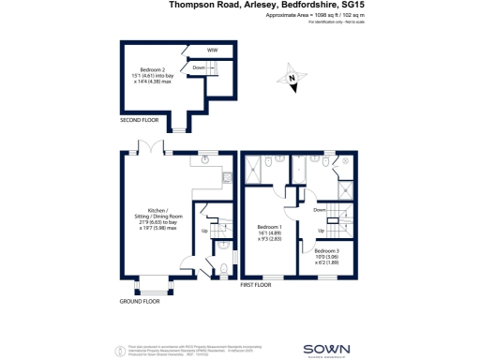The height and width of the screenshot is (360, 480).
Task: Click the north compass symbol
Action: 292,81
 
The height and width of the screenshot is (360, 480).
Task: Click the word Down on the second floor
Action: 199,67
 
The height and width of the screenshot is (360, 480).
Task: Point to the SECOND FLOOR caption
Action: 139,121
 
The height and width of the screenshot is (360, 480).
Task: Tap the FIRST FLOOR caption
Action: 256,283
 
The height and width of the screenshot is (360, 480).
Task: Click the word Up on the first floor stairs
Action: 322,231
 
